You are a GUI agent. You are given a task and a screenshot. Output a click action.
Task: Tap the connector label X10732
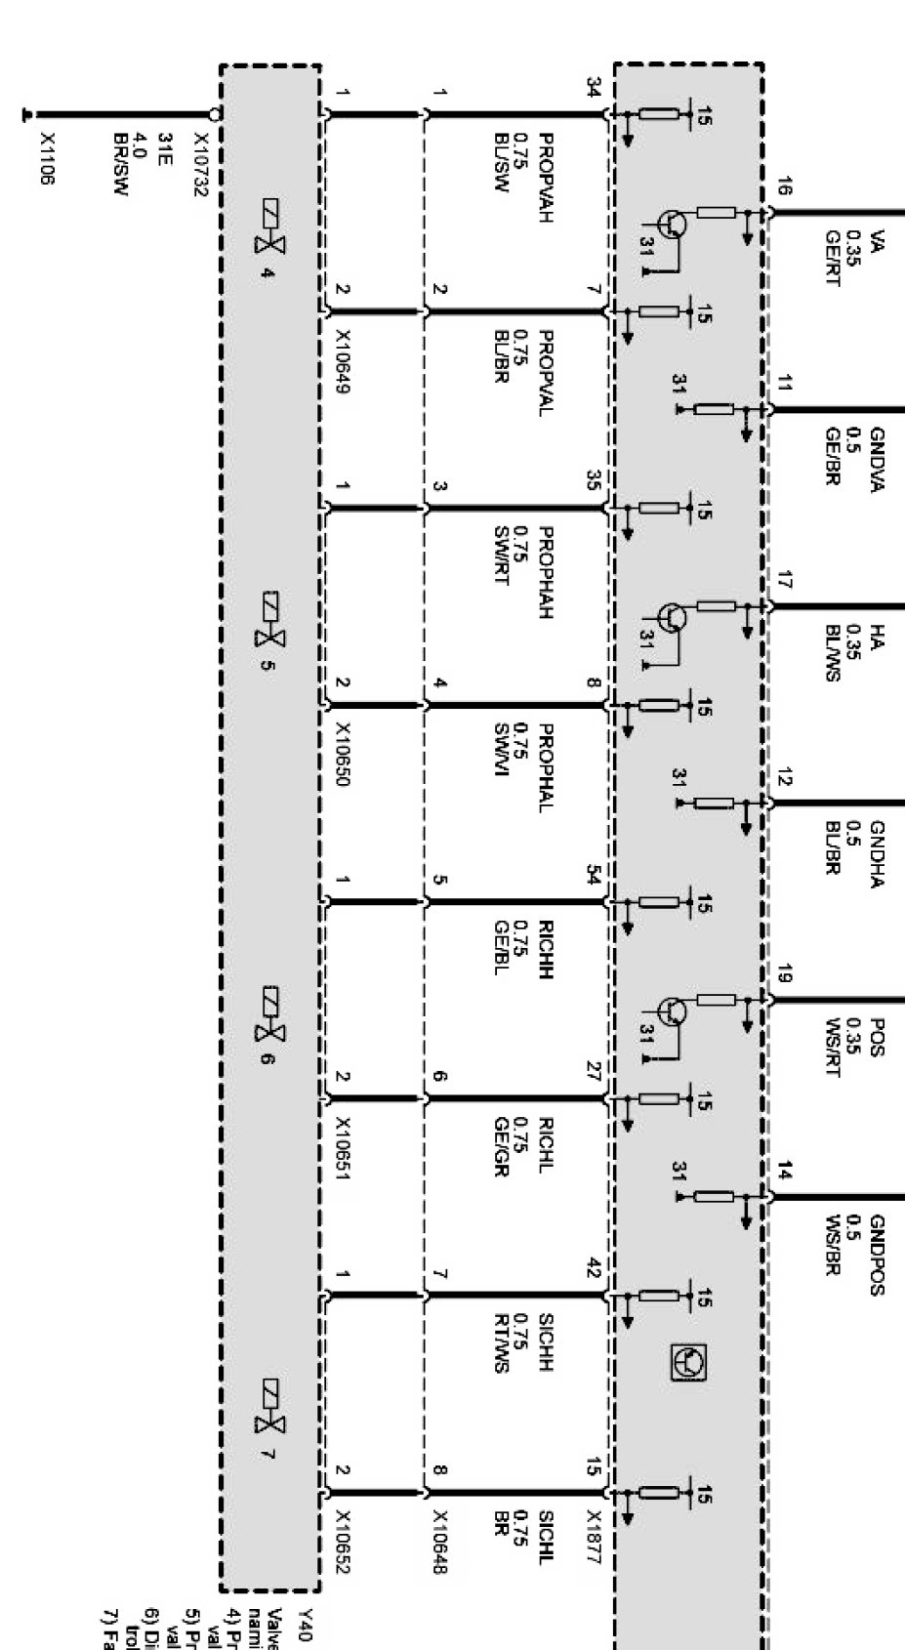click(200, 165)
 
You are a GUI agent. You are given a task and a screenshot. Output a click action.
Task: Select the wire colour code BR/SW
click(121, 165)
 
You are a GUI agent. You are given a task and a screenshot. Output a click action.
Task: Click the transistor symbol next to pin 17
click(673, 617)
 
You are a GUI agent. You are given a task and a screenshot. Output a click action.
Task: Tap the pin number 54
click(593, 875)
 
